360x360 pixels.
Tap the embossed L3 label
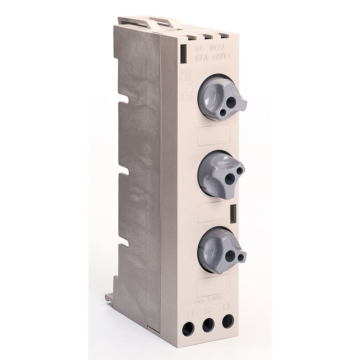coord(226,307)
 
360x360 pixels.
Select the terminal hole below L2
coord(208,325)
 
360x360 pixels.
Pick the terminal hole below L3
coord(228,321)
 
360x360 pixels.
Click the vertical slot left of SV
coord(183,53)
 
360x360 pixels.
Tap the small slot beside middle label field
coord(233,213)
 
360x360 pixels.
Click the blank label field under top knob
coord(213,135)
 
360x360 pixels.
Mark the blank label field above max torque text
coord(213,285)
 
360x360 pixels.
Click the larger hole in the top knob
coord(231,103)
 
